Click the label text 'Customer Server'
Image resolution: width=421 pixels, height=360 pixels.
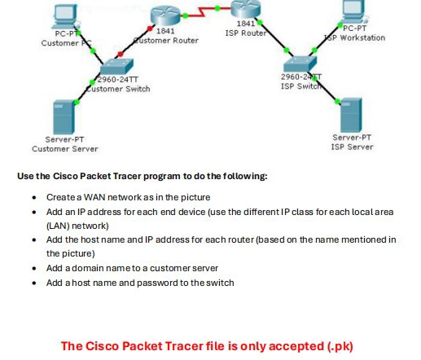click(64, 149)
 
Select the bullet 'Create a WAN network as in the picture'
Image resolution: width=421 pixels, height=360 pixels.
click(127, 197)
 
